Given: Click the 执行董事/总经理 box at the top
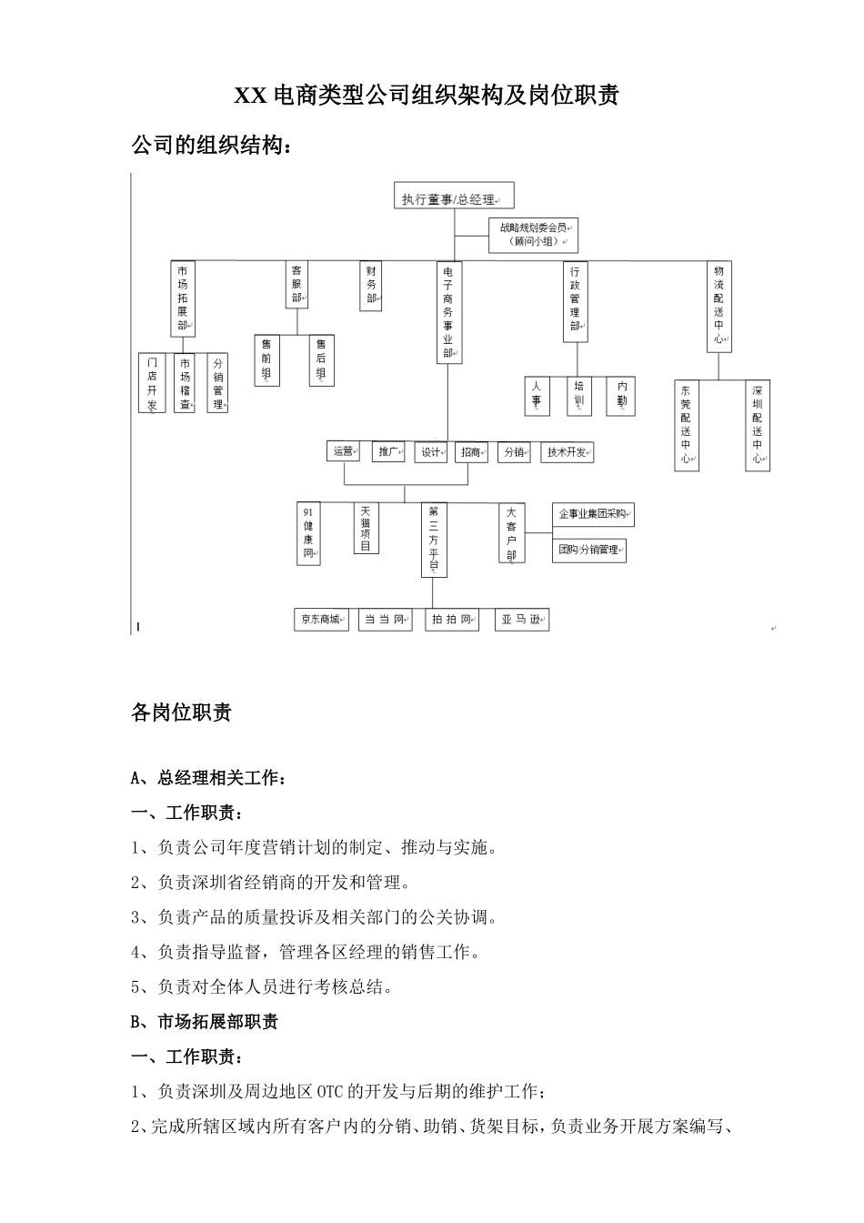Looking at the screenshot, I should [x=453, y=197].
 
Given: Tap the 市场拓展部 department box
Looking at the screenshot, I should [x=184, y=298].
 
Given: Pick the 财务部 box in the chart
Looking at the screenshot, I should [x=370, y=286].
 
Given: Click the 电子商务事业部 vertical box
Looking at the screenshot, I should [x=447, y=312].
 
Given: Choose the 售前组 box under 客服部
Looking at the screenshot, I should [x=266, y=360].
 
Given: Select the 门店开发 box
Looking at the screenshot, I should [x=152, y=383].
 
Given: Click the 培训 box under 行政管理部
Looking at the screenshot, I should [x=579, y=396].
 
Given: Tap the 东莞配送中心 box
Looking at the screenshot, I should [x=686, y=425].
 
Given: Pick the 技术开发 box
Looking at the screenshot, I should [x=568, y=451].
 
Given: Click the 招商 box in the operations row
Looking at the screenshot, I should [x=471, y=451].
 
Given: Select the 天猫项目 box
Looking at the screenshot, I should [x=366, y=528].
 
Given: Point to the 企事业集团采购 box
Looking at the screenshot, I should [x=592, y=515].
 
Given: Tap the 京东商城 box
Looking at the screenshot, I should [x=321, y=620].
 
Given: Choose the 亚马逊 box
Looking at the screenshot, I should [x=522, y=620].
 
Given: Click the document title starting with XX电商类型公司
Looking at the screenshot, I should [x=427, y=96].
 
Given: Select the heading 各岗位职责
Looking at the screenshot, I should [x=181, y=713].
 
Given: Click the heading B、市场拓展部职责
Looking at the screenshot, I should [x=205, y=1022].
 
